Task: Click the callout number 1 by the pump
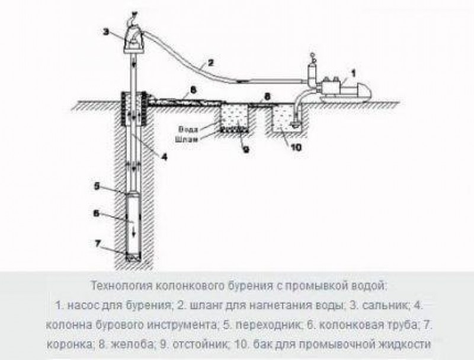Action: (353, 74)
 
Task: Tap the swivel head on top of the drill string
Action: (135, 38)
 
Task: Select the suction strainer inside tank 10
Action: (294, 123)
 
